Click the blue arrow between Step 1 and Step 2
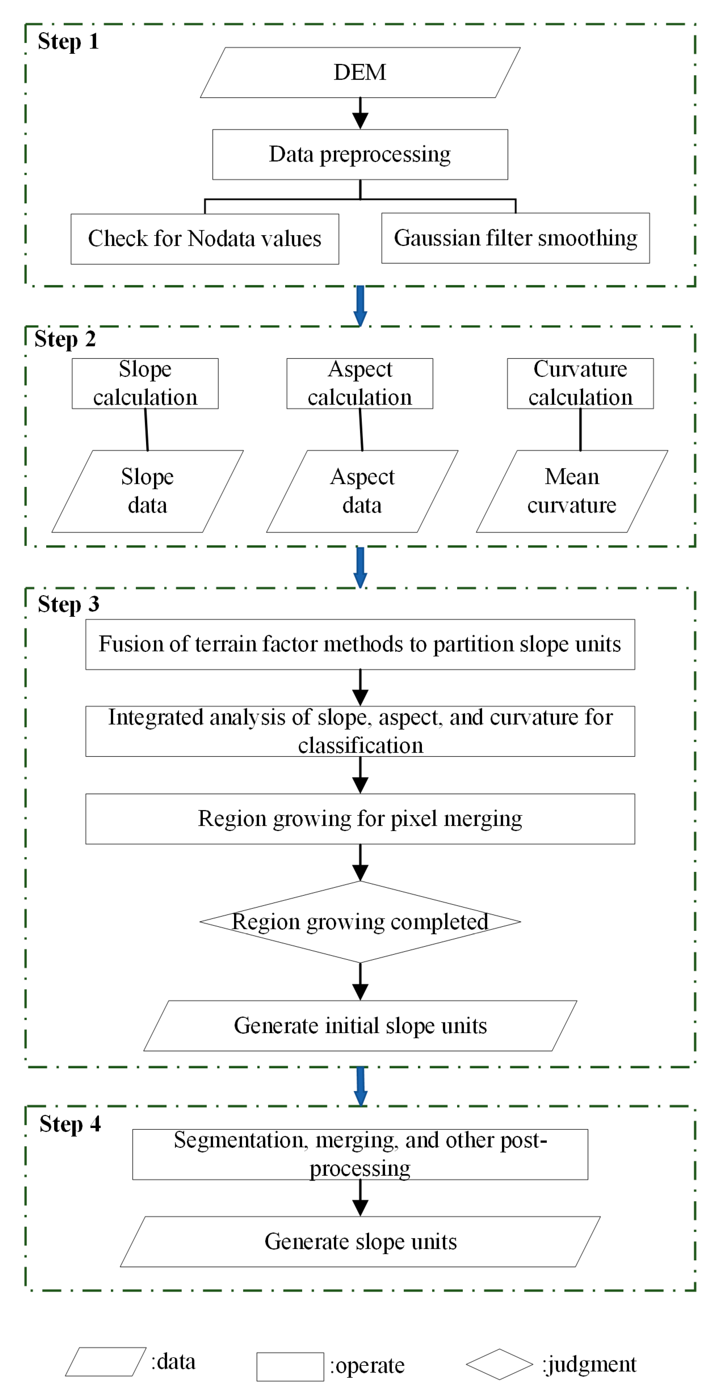(x=360, y=305)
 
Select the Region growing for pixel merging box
(x=360, y=818)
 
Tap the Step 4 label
(x=70, y=1124)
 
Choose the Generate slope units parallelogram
(x=360, y=1241)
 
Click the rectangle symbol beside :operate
(x=290, y=1366)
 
